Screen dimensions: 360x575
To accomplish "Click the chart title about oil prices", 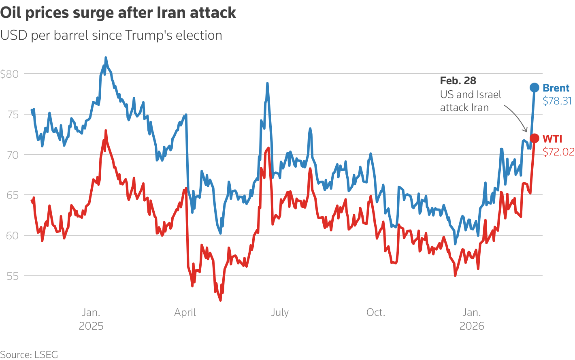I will coord(118,13).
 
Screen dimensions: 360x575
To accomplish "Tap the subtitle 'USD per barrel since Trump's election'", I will coord(111,35).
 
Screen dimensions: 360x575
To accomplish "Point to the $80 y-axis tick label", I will coord(9,74).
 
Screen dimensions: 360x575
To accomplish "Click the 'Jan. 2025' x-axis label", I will coord(91,319).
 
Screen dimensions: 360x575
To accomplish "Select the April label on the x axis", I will coord(185,313).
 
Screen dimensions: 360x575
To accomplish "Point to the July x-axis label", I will coord(280,313).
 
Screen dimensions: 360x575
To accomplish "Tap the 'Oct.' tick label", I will coord(376,313).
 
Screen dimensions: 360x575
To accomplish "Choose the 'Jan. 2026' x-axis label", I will coord(472,319).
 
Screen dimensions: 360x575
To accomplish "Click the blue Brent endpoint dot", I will coord(535,87).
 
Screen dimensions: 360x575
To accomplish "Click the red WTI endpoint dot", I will coord(535,138).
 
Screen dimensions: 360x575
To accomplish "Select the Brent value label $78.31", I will coord(557,101).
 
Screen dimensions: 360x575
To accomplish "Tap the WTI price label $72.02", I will coord(558,152).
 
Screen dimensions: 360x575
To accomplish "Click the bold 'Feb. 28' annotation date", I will coord(458,81).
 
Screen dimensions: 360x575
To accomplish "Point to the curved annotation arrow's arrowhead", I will coord(526,131).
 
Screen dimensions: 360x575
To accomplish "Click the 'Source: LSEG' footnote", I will coord(29,355).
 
